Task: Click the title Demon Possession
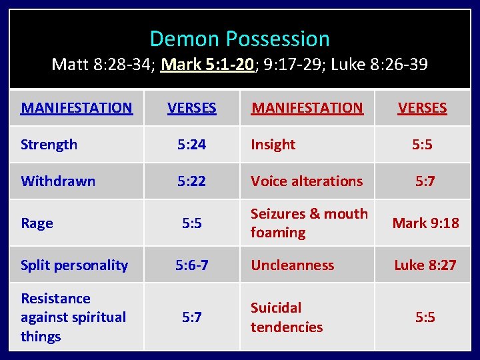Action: pyautogui.click(x=239, y=39)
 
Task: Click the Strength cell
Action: pyautogui.click(x=49, y=145)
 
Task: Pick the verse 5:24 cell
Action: pyautogui.click(x=191, y=145)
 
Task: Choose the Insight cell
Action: pyautogui.click(x=273, y=145)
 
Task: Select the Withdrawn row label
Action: pyautogui.click(x=58, y=181)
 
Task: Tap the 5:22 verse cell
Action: pyautogui.click(x=191, y=181)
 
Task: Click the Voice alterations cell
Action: pyautogui.click(x=307, y=181)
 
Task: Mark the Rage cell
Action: pyautogui.click(x=37, y=223)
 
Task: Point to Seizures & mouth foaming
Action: pyautogui.click(x=309, y=223)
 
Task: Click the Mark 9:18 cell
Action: pyautogui.click(x=425, y=223)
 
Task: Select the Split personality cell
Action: pyautogui.click(x=74, y=265)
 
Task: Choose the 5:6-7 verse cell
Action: pyautogui.click(x=191, y=265)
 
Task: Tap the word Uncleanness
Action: pyautogui.click(x=292, y=265)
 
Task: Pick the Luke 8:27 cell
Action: pyautogui.click(x=425, y=265)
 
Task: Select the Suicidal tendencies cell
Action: pyautogui.click(x=286, y=317)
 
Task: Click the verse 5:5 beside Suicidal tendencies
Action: pyautogui.click(x=425, y=317)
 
